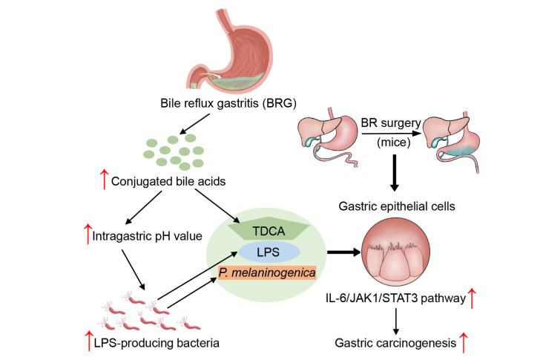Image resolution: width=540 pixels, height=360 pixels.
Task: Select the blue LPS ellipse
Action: [269, 252]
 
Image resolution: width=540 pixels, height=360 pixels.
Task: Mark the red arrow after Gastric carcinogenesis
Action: [466, 342]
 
